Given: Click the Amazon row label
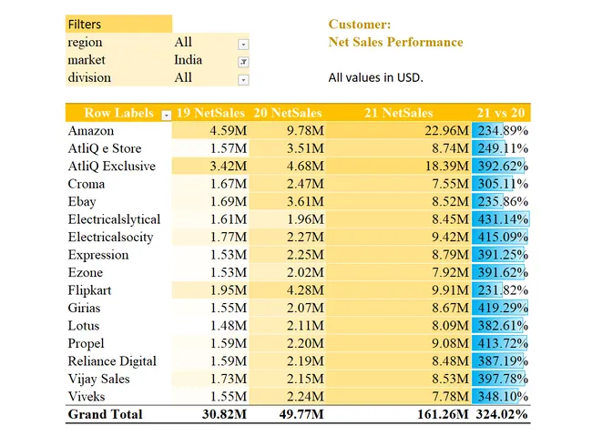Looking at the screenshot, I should tap(91, 131).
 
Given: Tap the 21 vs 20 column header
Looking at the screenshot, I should tap(502, 113).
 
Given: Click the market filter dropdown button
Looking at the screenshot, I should tap(243, 61).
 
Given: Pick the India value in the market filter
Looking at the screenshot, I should tap(189, 60).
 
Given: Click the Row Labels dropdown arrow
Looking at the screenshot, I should tap(166, 114).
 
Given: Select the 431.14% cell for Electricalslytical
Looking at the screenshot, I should tap(502, 219).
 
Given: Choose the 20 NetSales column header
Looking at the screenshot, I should tap(288, 113).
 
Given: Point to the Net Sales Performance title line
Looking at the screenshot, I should tap(395, 42).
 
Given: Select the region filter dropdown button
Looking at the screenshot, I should tap(243, 44).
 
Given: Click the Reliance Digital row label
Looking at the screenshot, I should tap(112, 361).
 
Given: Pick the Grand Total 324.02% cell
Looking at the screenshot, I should tap(502, 414).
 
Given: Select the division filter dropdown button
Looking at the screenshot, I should tap(243, 79).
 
